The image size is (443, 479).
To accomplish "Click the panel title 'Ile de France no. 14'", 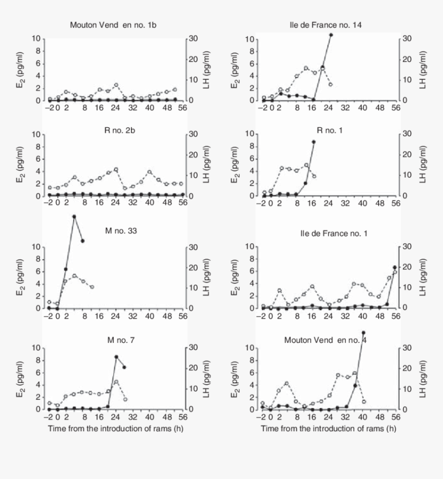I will click(328, 25).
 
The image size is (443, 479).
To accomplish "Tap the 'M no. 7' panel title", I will click(117, 339).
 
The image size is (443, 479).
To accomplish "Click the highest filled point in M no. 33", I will click(74, 217).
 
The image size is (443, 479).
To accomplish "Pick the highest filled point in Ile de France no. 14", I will click(331, 35).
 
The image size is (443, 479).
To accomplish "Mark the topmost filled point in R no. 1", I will click(314, 142).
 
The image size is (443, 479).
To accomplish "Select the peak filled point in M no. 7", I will click(116, 357).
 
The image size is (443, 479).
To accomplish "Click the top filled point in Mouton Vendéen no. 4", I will click(364, 333).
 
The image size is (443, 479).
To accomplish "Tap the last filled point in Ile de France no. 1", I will click(395, 267).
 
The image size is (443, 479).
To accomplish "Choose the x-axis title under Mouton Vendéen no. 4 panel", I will click(328, 429).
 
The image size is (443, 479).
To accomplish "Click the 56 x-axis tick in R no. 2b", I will click(183, 203).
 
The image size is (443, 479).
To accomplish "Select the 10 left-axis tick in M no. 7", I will click(37, 348).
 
